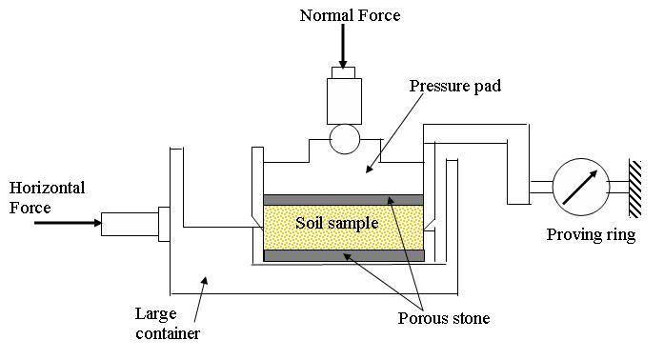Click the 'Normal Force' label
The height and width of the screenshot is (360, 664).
click(350, 15)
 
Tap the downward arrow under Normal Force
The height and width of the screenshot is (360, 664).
click(343, 46)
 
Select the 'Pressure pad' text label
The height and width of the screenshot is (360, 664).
click(454, 87)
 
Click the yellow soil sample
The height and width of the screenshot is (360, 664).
click(344, 228)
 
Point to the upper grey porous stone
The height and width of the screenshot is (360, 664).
click(344, 200)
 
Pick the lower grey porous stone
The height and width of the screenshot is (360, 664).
click(344, 255)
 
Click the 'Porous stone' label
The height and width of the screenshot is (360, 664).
click(444, 318)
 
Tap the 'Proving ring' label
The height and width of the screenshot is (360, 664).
click(591, 235)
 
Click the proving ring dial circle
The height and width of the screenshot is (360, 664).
click(581, 187)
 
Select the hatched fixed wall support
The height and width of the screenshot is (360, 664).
click(634, 189)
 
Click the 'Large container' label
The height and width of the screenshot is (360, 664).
click(168, 324)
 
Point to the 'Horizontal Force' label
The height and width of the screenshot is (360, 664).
click(47, 197)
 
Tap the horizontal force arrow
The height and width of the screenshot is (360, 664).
click(68, 223)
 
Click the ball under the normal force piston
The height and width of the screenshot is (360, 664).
click(345, 139)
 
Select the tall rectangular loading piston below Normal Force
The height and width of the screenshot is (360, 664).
click(344, 101)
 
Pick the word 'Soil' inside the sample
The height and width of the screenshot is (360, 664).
click(309, 223)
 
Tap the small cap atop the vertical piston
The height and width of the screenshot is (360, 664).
click(344, 72)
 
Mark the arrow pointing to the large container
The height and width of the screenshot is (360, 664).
click(200, 299)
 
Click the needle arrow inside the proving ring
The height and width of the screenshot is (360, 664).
click(580, 188)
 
